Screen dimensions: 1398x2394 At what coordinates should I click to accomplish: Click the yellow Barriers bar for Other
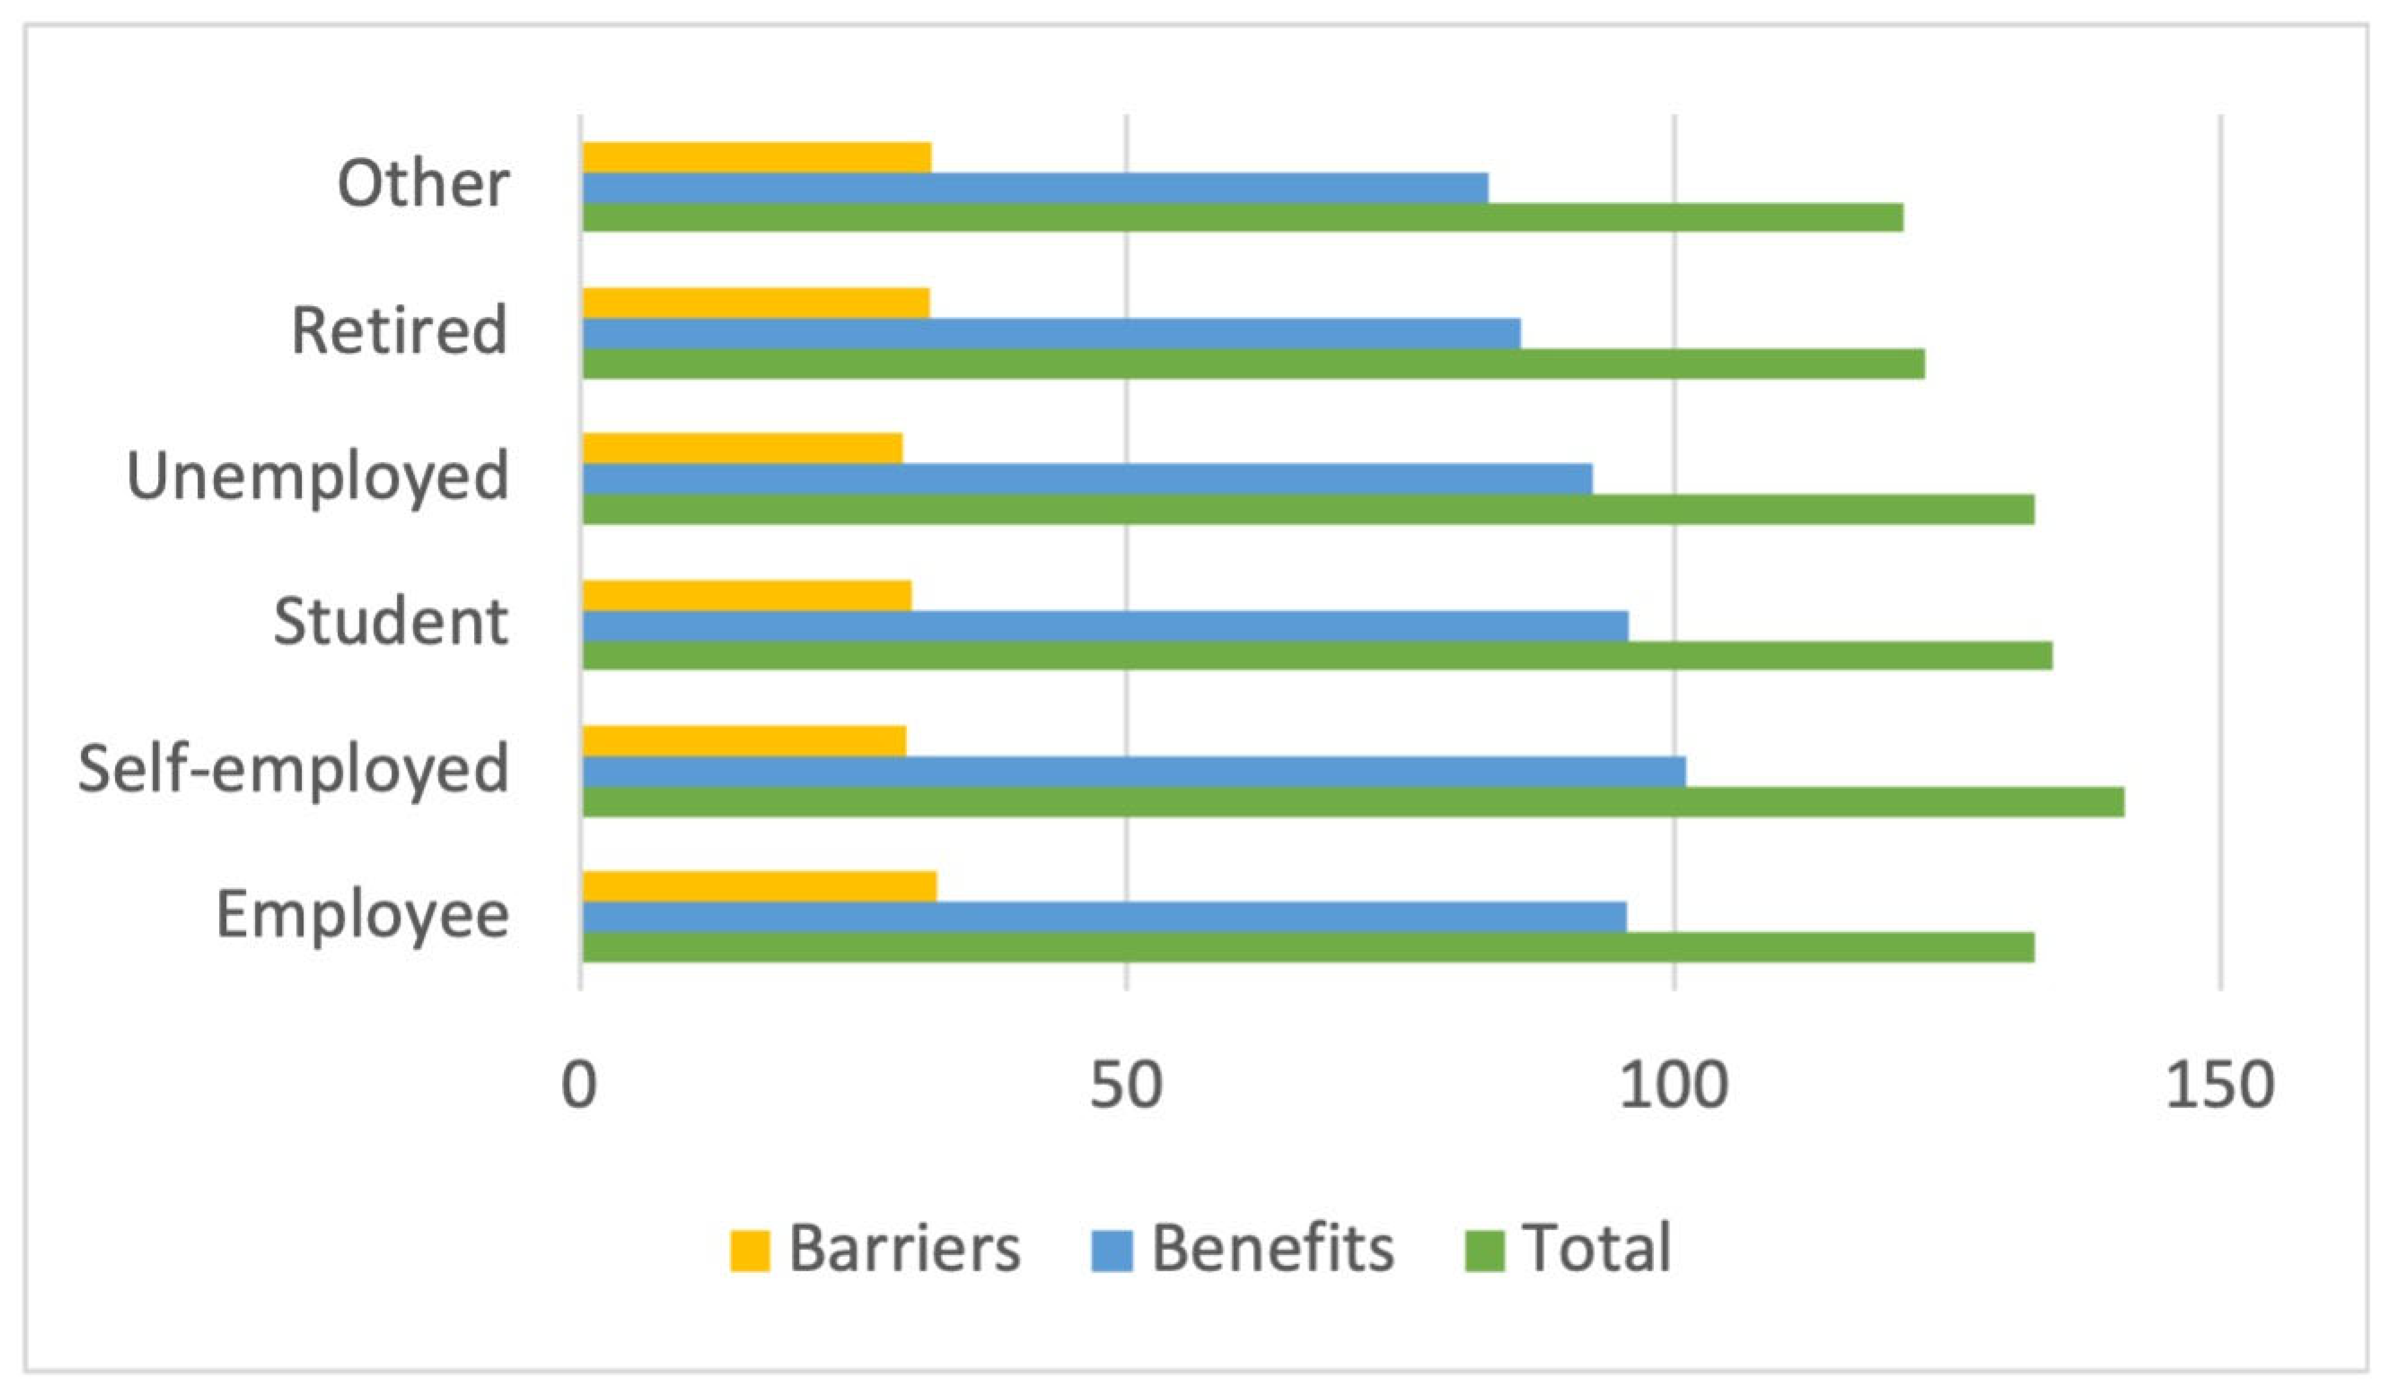click(x=756, y=158)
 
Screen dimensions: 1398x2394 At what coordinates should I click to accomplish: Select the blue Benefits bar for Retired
click(x=1051, y=334)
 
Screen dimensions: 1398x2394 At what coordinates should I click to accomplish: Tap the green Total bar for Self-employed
click(x=1353, y=801)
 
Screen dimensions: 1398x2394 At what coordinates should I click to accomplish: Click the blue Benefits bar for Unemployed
click(x=1087, y=479)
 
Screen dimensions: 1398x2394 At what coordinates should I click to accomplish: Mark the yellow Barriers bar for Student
click(x=747, y=596)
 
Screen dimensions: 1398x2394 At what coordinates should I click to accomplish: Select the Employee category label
click(x=363, y=914)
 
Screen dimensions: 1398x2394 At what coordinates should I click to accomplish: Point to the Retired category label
click(x=399, y=331)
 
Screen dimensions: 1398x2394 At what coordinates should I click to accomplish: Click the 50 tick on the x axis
click(x=1126, y=1085)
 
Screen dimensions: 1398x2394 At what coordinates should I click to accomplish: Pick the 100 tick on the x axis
click(x=1673, y=1085)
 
